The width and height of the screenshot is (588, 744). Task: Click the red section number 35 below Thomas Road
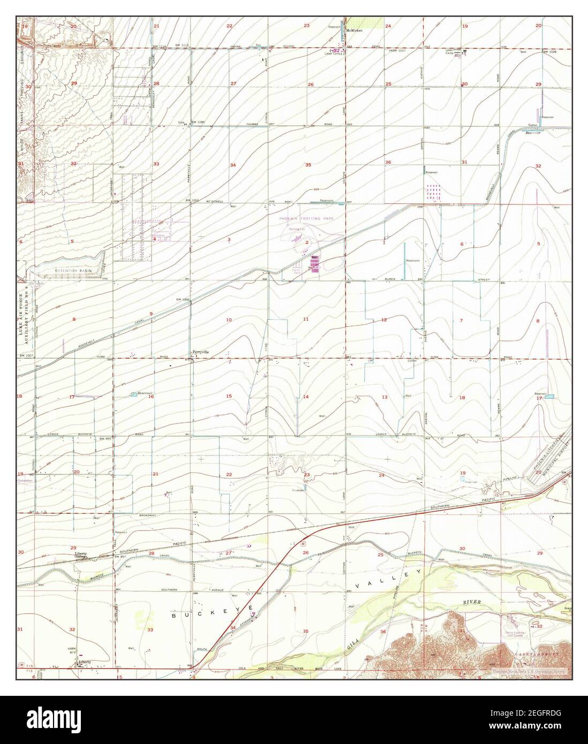pyautogui.click(x=308, y=165)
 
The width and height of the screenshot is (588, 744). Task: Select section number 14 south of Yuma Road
pyautogui.click(x=306, y=397)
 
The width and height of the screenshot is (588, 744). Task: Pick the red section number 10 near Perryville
pyautogui.click(x=229, y=320)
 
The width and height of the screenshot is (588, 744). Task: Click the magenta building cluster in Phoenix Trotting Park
pyautogui.click(x=315, y=265)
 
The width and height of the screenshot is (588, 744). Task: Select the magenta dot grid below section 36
pyautogui.click(x=434, y=192)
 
